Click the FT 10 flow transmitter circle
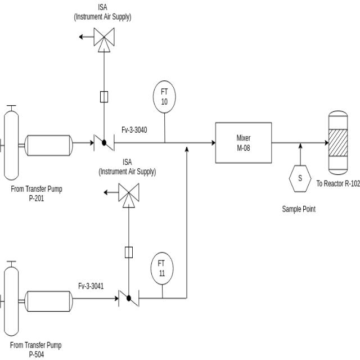pyautogui.click(x=164, y=96)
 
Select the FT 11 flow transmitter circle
pyautogui.click(x=161, y=268)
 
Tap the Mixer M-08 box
pyautogui.click(x=244, y=143)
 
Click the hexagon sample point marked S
pyautogui.click(x=300, y=178)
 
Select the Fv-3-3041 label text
pyautogui.click(x=91, y=286)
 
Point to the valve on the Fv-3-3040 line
pyautogui.click(x=104, y=143)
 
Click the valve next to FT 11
pyautogui.click(x=129, y=298)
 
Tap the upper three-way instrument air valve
pyautogui.click(x=103, y=38)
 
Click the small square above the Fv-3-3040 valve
pyautogui.click(x=104, y=97)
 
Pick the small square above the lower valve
pyautogui.click(x=129, y=252)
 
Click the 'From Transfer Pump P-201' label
pyautogui.click(x=37, y=193)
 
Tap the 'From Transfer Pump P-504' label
pyautogui.click(x=37, y=349)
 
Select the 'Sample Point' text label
pyautogui.click(x=299, y=209)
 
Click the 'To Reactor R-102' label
pyautogui.click(x=337, y=183)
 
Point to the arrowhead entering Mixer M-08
pyautogui.click(x=212, y=143)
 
